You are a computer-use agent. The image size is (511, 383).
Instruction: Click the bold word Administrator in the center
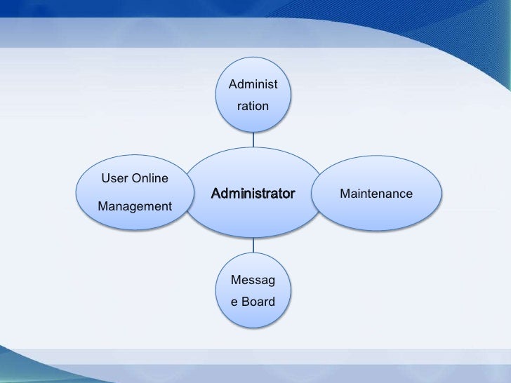click(x=253, y=193)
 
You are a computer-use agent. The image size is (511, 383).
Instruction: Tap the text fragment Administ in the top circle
click(x=253, y=86)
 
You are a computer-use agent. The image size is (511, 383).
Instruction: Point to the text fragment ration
click(x=253, y=107)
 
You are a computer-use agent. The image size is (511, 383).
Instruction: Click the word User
click(x=114, y=178)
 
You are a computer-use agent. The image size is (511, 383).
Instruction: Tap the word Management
click(x=134, y=206)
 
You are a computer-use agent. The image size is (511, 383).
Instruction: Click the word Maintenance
click(x=376, y=193)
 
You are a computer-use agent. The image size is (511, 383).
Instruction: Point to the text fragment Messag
click(x=253, y=282)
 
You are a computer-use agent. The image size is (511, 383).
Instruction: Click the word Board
click(x=259, y=303)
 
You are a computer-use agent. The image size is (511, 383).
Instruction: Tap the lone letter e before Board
click(x=235, y=303)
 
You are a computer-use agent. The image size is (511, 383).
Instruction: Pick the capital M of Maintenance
click(x=345, y=193)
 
